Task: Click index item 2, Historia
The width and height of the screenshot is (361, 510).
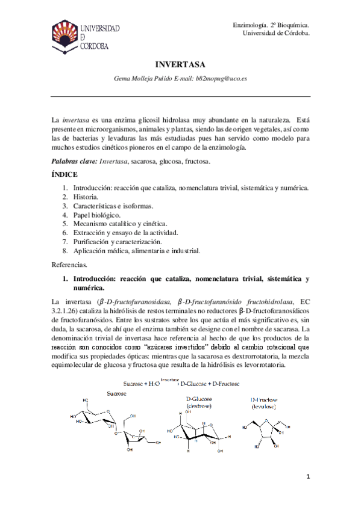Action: (87, 197)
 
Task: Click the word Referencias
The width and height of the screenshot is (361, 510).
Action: (70, 264)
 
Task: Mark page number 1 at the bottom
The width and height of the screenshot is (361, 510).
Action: (307, 477)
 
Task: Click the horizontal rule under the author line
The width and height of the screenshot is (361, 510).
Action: (180, 96)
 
